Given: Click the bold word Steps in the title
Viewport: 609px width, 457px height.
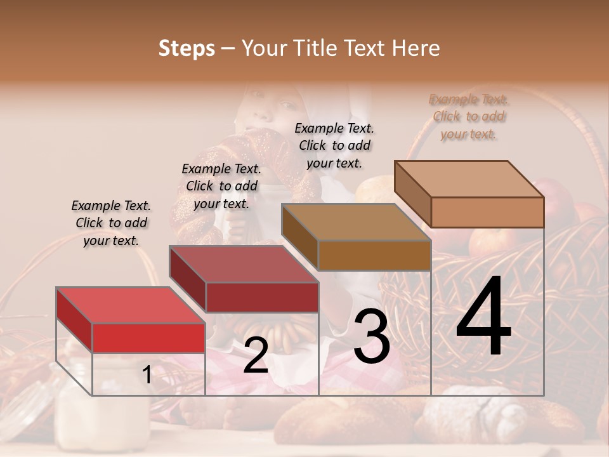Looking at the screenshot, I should [187, 48].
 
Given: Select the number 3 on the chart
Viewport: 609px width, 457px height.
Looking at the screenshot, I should [372, 337].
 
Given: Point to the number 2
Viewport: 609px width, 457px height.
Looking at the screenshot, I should [256, 356].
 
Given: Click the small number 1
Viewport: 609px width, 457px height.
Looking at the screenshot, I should [147, 375].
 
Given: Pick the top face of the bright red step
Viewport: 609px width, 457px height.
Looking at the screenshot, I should [130, 305].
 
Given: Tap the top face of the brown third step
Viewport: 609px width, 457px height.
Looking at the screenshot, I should [356, 222].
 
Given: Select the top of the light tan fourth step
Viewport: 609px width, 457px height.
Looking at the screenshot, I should [469, 179].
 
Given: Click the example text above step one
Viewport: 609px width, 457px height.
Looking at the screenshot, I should [111, 223].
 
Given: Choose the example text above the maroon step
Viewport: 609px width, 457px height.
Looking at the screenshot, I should [221, 186].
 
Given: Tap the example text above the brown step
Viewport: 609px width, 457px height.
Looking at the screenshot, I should [334, 145].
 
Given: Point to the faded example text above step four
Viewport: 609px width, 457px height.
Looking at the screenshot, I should [469, 116].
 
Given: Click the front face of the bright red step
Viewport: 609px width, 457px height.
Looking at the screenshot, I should [148, 338].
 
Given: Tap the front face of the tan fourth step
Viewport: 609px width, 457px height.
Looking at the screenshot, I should [487, 212].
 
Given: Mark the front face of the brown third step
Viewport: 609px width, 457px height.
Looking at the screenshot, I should [374, 255].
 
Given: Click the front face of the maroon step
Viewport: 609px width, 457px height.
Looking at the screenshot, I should [261, 297].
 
